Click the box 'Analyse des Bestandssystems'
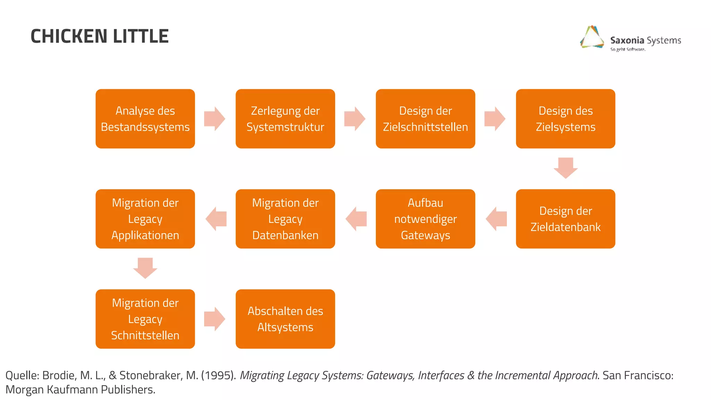[x=145, y=119]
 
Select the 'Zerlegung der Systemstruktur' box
[x=285, y=119]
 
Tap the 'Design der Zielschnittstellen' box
[x=425, y=119]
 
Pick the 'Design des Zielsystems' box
[x=565, y=119]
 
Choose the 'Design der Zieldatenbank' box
[x=565, y=219]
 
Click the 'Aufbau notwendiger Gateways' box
[x=425, y=219]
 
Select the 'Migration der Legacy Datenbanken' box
[x=285, y=219]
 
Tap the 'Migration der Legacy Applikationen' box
[x=145, y=219]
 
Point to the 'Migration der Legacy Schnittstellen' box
[x=145, y=319]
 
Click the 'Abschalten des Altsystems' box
[x=285, y=319]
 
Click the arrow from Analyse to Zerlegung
[x=215, y=119]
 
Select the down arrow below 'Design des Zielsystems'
[x=566, y=168]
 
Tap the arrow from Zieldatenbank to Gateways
[x=496, y=219]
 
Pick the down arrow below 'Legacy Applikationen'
[x=145, y=268]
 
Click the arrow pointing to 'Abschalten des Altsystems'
[x=215, y=319]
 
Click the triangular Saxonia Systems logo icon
[x=592, y=37]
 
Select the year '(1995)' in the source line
[x=219, y=375]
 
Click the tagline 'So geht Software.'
[x=628, y=49]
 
